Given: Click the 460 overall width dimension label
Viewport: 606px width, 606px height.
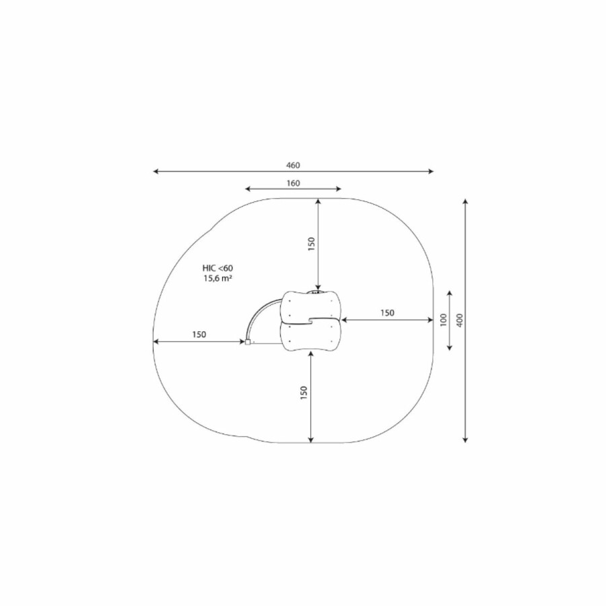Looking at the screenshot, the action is [x=293, y=166].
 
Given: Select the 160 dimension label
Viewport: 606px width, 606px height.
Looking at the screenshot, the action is [x=294, y=183].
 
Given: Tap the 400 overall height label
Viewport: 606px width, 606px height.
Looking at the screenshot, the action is [x=460, y=320].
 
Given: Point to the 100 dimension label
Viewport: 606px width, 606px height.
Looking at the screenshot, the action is [x=443, y=320].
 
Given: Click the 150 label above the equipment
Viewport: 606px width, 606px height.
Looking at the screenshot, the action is [x=312, y=244].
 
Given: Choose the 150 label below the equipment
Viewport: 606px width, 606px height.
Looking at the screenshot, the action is [x=304, y=393].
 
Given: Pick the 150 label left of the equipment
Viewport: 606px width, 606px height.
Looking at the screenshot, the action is [x=199, y=335].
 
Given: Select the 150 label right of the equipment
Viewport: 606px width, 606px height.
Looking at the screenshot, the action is [x=387, y=312].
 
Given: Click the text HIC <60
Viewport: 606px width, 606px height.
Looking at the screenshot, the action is [x=217, y=268].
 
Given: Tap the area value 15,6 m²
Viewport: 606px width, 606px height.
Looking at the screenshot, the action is [x=217, y=278].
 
